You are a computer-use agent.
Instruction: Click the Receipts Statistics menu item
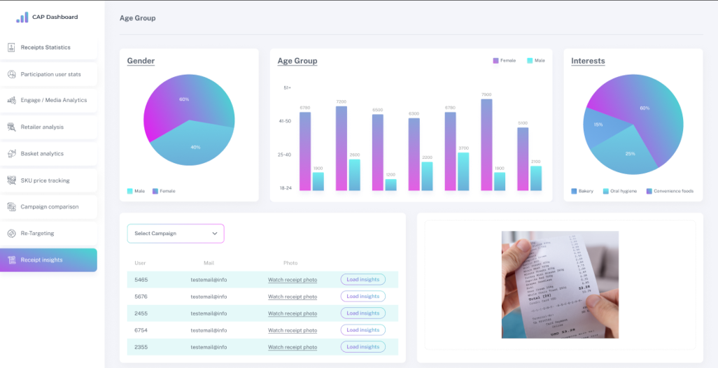point(45,48)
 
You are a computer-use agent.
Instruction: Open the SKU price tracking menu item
point(45,181)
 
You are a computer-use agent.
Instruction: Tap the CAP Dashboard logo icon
point(22,17)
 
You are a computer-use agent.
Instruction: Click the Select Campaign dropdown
point(176,234)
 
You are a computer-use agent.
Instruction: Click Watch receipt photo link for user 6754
point(292,330)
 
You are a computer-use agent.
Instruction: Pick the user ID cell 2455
point(141,313)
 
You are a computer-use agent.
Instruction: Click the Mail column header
point(209,263)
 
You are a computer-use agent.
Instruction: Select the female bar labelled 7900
point(486,145)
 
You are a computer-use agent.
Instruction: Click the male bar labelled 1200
point(390,185)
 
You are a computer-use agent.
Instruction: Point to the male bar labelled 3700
point(463,171)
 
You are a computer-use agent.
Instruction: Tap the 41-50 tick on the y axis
point(284,121)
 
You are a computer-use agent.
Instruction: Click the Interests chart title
point(588,61)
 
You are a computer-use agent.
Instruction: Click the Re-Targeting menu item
point(37,234)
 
